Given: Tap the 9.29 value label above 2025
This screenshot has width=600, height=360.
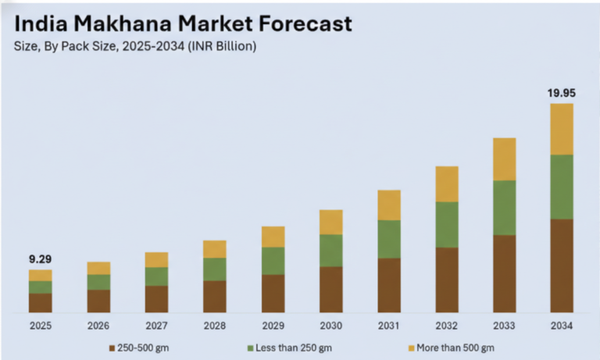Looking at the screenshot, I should coord(40,258).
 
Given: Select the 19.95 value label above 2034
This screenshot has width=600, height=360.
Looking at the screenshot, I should coord(561,92).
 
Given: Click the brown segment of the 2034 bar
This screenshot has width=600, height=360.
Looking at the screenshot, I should coord(562,266).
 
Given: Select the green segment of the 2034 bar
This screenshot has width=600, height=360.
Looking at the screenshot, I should coord(562,187).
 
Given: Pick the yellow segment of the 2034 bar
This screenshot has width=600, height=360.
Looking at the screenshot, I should coord(562,129).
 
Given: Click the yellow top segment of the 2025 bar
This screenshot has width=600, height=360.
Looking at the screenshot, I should coord(41,275).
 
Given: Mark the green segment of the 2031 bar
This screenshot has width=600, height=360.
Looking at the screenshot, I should coord(388,239).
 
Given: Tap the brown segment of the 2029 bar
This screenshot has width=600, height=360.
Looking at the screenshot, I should coord(273,294).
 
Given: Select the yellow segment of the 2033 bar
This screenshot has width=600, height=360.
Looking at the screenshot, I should coord(504,159).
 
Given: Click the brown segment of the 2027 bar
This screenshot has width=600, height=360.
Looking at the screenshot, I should coord(156,299).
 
